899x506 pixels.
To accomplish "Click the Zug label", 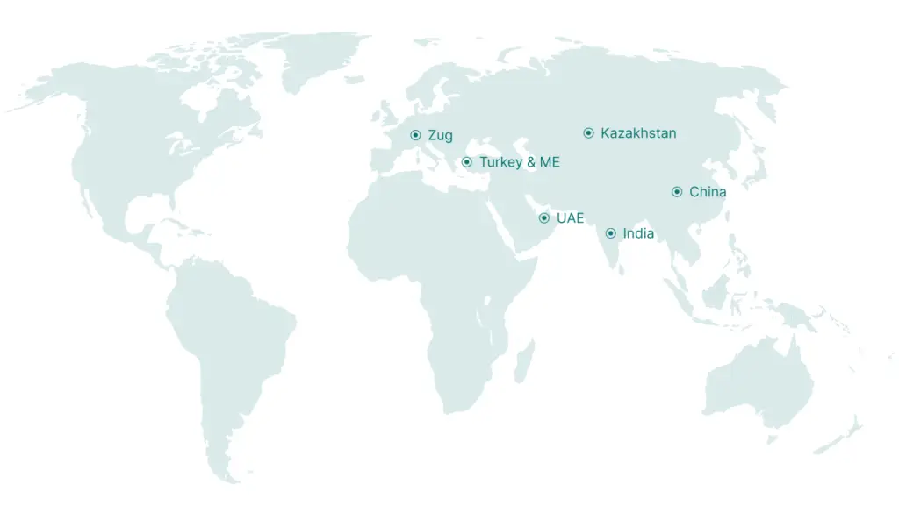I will point(440,135).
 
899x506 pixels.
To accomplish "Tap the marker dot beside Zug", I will point(415,135).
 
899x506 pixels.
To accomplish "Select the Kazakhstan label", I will point(638,133).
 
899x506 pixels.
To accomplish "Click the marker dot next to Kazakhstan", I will point(588,133).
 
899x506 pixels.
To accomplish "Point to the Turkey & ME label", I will point(519,162).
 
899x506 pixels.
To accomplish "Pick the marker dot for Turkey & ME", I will point(466,162).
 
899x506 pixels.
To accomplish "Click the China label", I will point(708,192).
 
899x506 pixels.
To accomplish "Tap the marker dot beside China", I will point(677,192).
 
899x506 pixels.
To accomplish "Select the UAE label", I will point(570,217).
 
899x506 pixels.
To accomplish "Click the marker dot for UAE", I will point(544,217).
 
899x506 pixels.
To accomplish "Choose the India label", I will point(638,233).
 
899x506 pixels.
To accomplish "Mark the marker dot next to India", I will point(610,233).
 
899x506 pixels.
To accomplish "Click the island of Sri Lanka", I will point(622,269).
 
